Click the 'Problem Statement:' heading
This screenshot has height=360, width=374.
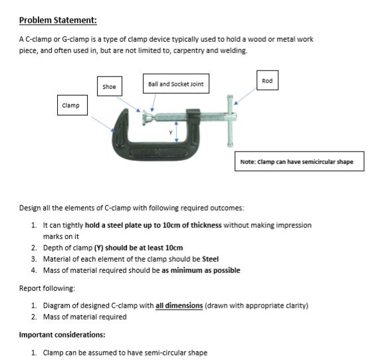click(x=58, y=19)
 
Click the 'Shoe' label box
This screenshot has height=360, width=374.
click(x=110, y=86)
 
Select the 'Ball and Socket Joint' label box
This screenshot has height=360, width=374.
click(x=175, y=84)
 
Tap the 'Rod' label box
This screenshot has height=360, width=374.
click(x=267, y=81)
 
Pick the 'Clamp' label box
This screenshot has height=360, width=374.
click(x=70, y=105)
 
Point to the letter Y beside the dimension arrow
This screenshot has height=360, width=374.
click(x=170, y=132)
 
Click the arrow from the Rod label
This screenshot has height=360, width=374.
click(x=244, y=98)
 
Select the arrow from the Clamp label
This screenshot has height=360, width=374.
click(x=103, y=123)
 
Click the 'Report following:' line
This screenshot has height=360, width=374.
click(x=47, y=288)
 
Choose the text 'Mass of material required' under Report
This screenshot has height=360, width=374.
click(x=84, y=317)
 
